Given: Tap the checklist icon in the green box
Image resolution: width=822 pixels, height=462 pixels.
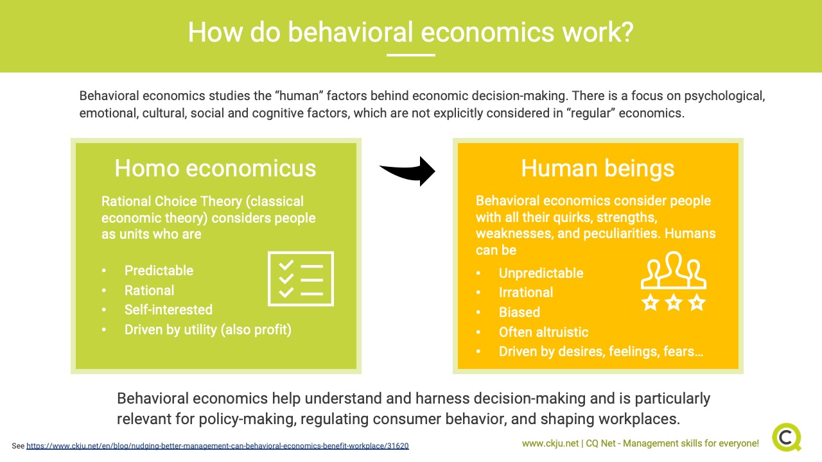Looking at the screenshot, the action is [x=301, y=278].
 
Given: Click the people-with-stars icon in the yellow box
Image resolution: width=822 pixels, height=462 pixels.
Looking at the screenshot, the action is [x=674, y=281].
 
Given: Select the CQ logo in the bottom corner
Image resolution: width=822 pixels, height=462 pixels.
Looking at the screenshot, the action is [x=787, y=438].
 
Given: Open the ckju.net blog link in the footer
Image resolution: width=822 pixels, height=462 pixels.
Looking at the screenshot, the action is [x=217, y=446].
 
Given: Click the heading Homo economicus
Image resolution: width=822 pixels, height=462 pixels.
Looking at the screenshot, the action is [x=215, y=168].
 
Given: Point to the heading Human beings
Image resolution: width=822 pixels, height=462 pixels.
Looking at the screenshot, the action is [x=598, y=169].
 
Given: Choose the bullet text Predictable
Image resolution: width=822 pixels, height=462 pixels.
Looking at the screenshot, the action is [x=159, y=271].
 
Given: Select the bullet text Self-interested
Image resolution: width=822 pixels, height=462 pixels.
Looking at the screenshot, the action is [x=168, y=310].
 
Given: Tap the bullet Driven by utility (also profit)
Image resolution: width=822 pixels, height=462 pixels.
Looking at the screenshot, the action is [x=208, y=330].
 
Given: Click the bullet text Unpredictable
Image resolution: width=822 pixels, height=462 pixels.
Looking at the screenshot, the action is [x=541, y=273].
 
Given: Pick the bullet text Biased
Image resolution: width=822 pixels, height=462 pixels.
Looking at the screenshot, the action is [x=520, y=312].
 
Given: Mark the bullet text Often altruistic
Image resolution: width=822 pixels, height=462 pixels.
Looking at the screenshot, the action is [x=543, y=332].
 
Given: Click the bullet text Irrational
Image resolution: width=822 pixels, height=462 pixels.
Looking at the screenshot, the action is [x=526, y=293].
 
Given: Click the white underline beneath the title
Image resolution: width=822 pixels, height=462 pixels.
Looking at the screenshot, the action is [x=411, y=55].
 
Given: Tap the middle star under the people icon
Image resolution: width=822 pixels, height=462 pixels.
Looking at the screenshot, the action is [x=674, y=303].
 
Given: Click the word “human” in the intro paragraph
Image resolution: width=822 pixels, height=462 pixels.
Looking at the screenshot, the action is [x=299, y=96].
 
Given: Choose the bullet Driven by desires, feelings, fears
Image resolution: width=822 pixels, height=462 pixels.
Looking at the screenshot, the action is [x=601, y=352].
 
